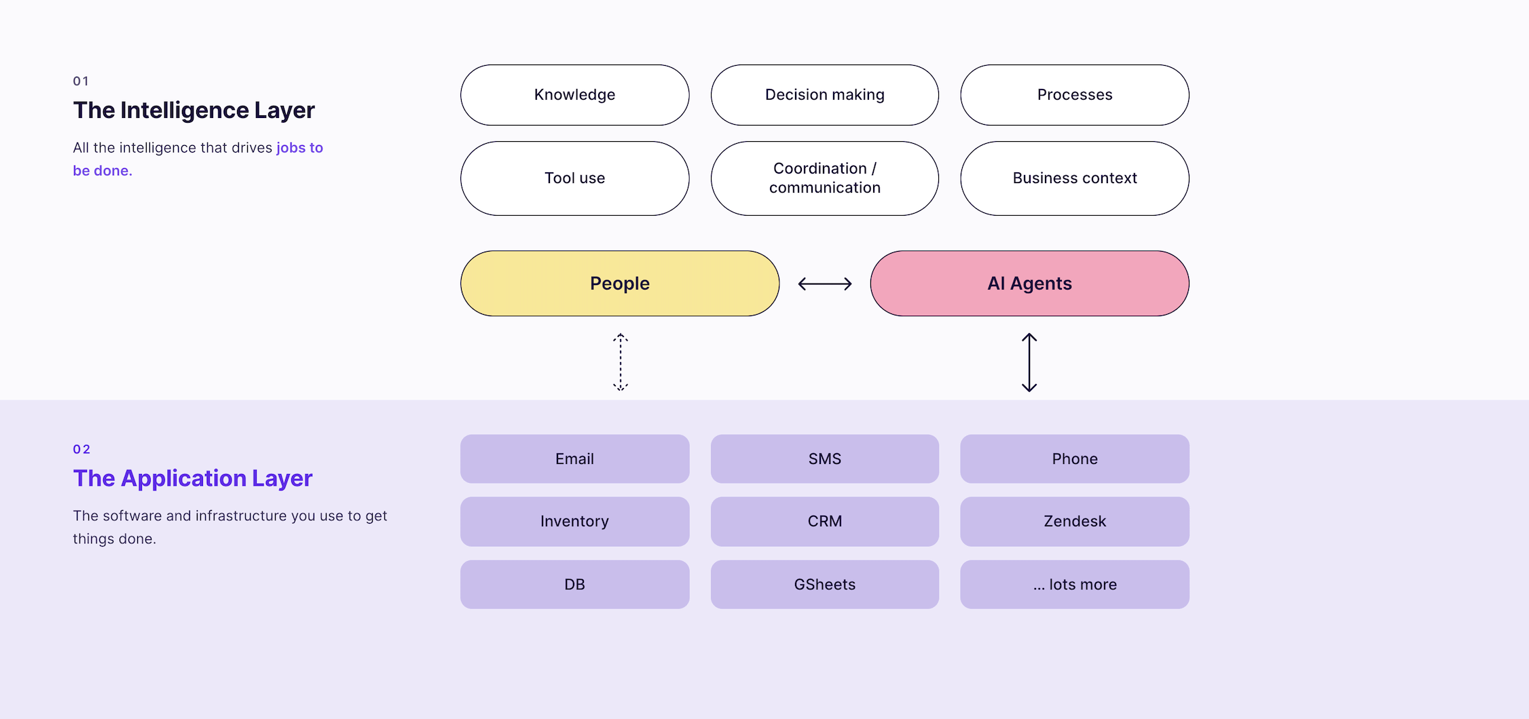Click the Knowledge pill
pyautogui.click(x=574, y=95)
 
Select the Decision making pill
pyautogui.click(x=825, y=95)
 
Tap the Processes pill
pyautogui.click(x=1075, y=95)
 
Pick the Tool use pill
pyautogui.click(x=574, y=178)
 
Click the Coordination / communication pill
pyautogui.click(x=825, y=178)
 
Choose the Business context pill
pyautogui.click(x=1075, y=178)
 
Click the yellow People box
pyautogui.click(x=620, y=284)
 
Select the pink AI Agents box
pyautogui.click(x=1030, y=284)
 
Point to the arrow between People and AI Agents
pyautogui.click(x=825, y=284)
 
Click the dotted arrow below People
pyautogui.click(x=621, y=362)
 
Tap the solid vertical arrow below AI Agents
pyautogui.click(x=1029, y=362)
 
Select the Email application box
pyautogui.click(x=574, y=459)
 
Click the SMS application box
pyautogui.click(x=825, y=459)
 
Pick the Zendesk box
pyautogui.click(x=1075, y=522)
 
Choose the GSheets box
pyautogui.click(x=825, y=585)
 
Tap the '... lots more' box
pyautogui.click(x=1075, y=585)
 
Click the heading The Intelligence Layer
pyautogui.click(x=194, y=111)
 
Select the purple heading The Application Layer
pyautogui.click(x=193, y=479)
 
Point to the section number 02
pyautogui.click(x=81, y=449)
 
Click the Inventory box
pyautogui.click(x=574, y=522)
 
